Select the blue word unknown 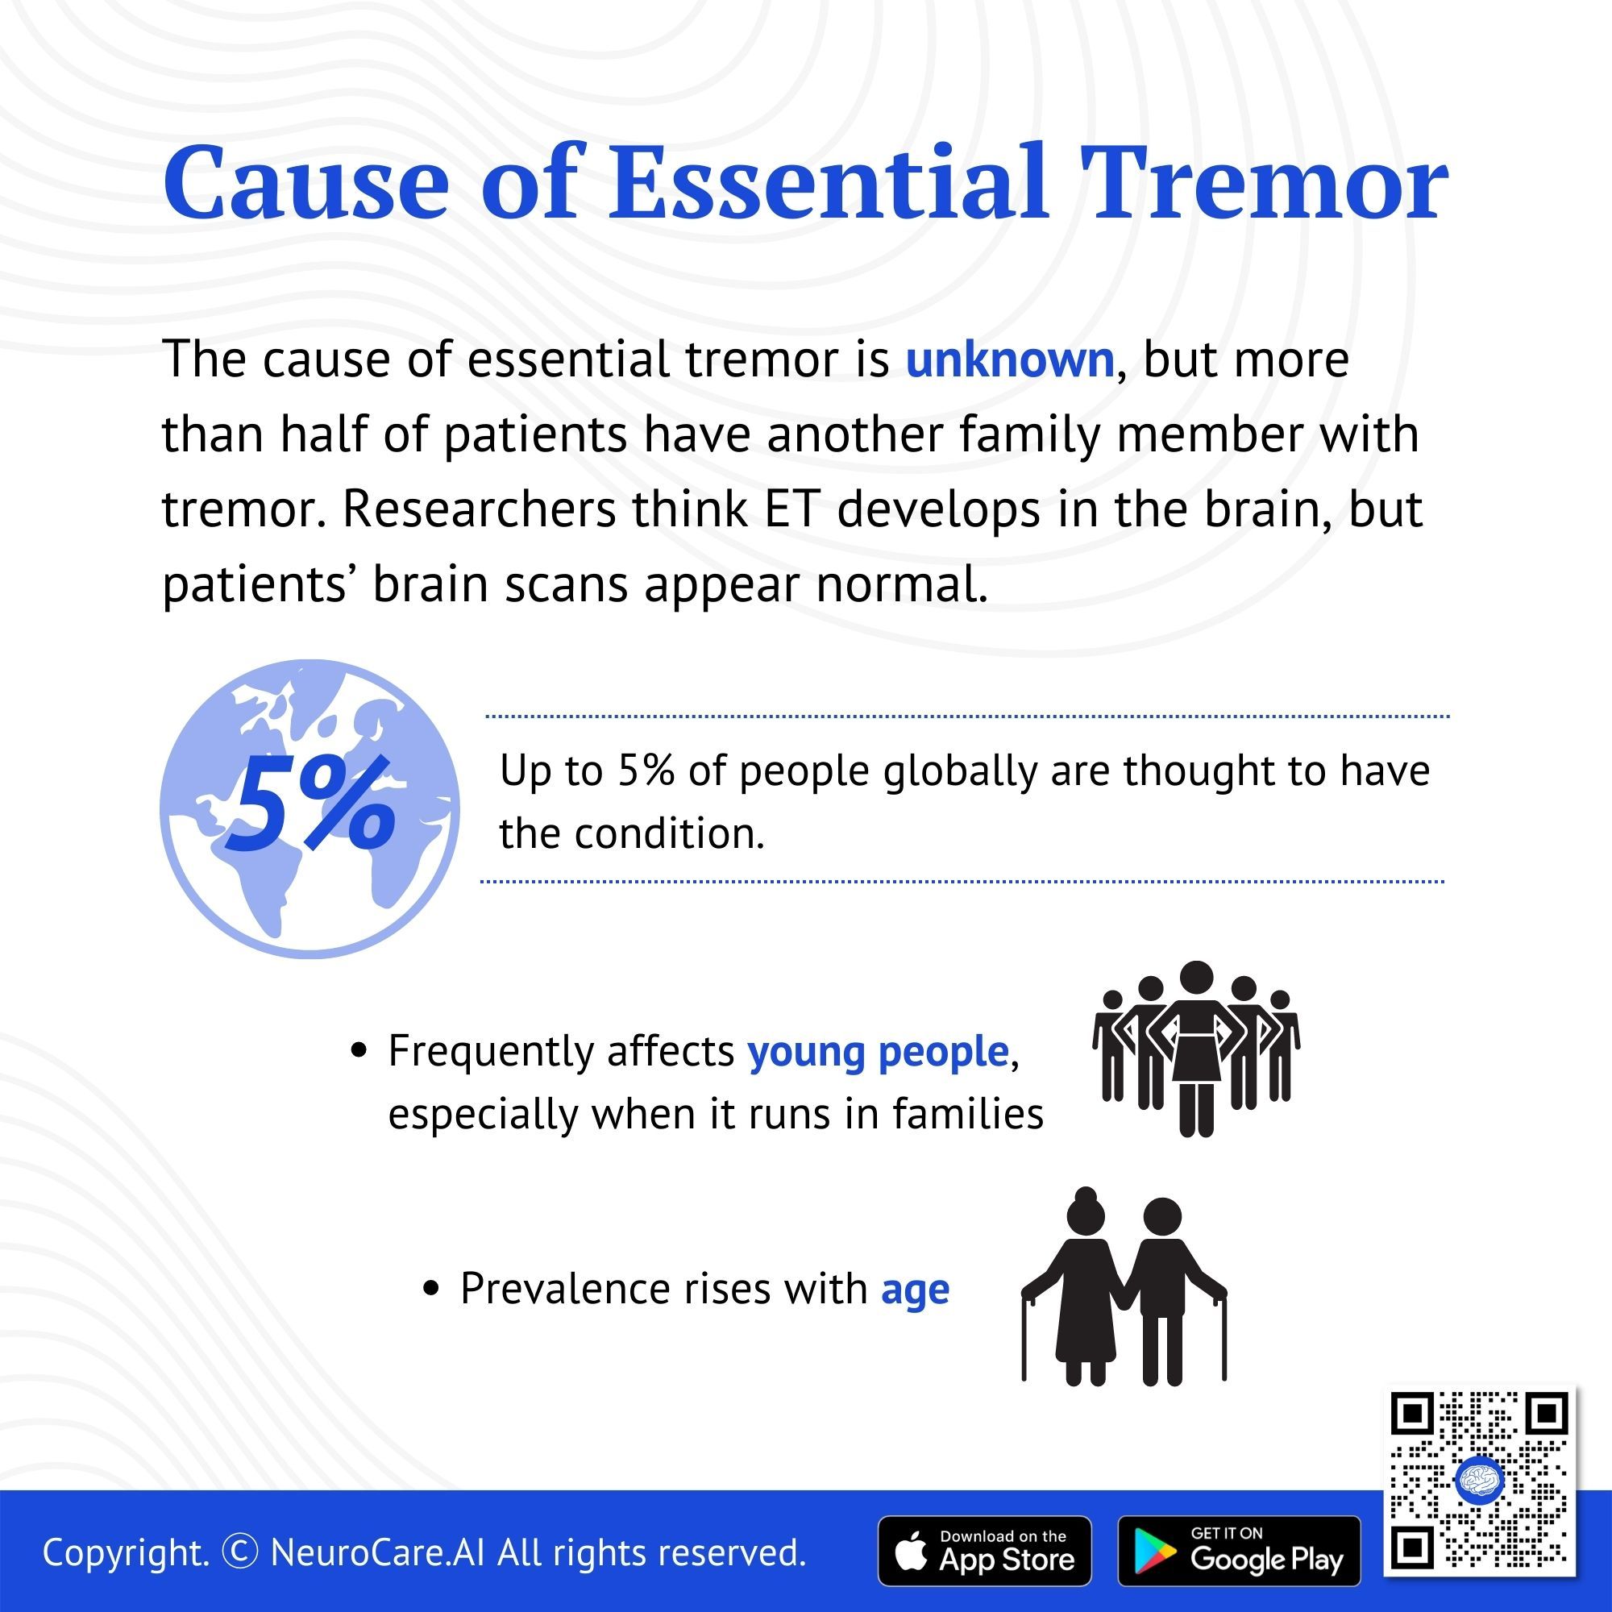tap(1010, 360)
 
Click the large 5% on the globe tap(309, 803)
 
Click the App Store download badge tap(985, 1550)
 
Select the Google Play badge tap(1239, 1550)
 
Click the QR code tap(1479, 1481)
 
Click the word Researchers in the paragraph tap(479, 509)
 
